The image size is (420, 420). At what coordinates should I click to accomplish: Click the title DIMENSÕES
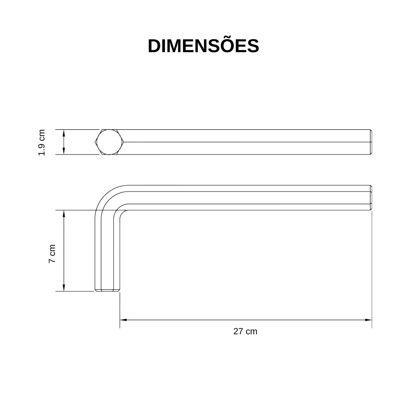203,46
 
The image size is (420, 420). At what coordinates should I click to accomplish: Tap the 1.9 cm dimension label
42,142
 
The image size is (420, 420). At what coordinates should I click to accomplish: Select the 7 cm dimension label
52,254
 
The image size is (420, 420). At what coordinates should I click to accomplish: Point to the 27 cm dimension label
245,331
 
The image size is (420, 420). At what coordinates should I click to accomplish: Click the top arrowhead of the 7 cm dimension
64,213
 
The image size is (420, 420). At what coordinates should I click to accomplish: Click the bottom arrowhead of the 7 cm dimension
64,288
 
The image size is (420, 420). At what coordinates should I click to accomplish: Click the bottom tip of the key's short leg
107,290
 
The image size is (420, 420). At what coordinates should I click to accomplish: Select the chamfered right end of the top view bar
371,142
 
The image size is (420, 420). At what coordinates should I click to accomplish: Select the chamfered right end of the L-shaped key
371,198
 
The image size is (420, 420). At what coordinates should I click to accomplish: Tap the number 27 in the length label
238,331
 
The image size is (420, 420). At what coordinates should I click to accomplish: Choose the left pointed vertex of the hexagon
96,142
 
